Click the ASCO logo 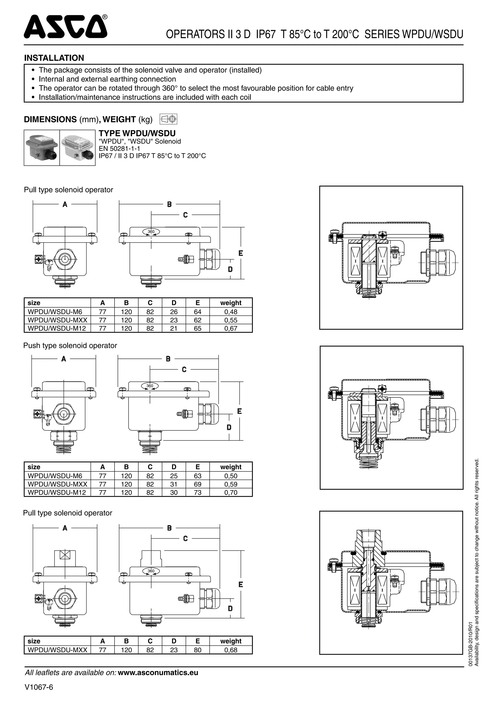[x=66, y=27]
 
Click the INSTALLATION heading [x=54, y=58]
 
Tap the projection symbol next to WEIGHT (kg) [x=168, y=119]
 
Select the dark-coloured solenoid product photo [x=42, y=148]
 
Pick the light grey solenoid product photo [x=77, y=148]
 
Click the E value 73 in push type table [x=198, y=492]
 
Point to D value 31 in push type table [x=174, y=484]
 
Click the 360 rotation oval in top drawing [x=151, y=232]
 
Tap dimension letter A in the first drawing [x=65, y=204]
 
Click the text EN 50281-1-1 [x=119, y=149]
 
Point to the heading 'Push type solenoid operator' [x=70, y=345]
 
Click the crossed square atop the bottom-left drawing [x=65, y=555]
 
